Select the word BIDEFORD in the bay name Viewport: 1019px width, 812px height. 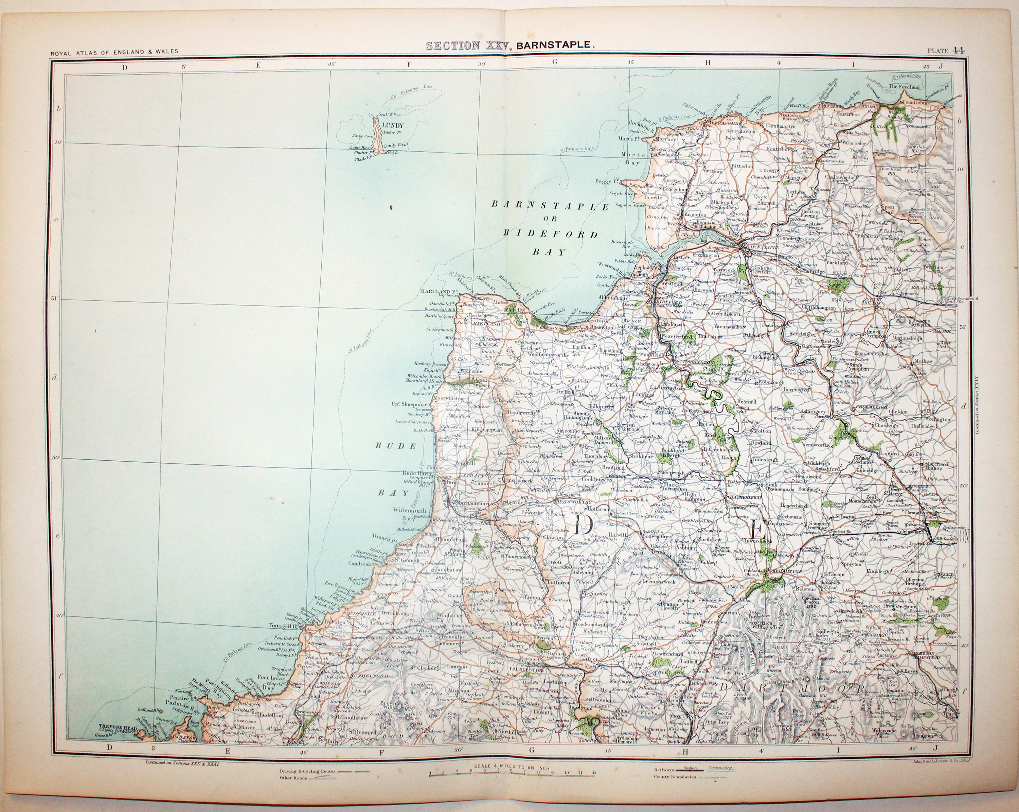pyautogui.click(x=551, y=234)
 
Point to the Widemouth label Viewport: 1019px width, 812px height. pyautogui.click(x=409, y=510)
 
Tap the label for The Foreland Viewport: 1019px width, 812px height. pyautogui.click(x=904, y=87)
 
